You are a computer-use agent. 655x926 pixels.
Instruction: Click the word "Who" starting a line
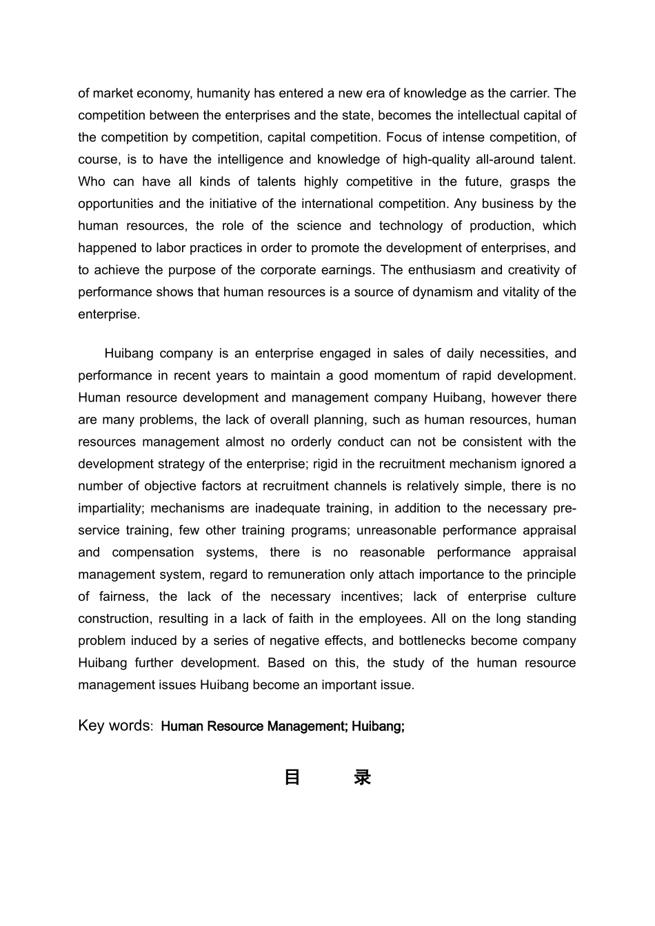[x=91, y=182]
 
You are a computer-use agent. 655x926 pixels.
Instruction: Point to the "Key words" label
[x=114, y=726]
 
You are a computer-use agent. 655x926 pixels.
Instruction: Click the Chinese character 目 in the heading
[x=292, y=778]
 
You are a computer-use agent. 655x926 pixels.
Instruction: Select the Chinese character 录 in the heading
[x=362, y=778]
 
